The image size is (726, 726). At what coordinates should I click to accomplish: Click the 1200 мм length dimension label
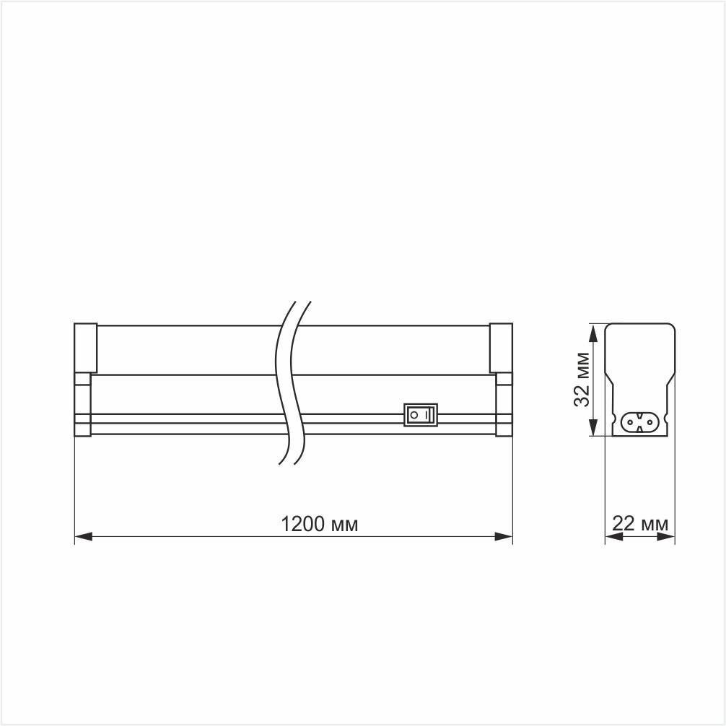click(x=319, y=524)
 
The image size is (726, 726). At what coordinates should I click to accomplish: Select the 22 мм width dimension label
click(x=640, y=524)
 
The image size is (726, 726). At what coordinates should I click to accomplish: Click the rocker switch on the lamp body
click(x=420, y=415)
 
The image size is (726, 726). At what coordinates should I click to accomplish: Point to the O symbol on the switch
click(x=414, y=415)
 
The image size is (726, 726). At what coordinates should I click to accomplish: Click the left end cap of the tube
click(x=85, y=348)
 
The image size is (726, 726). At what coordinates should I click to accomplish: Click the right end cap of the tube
click(x=501, y=348)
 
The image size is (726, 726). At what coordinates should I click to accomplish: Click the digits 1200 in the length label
click(x=302, y=524)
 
